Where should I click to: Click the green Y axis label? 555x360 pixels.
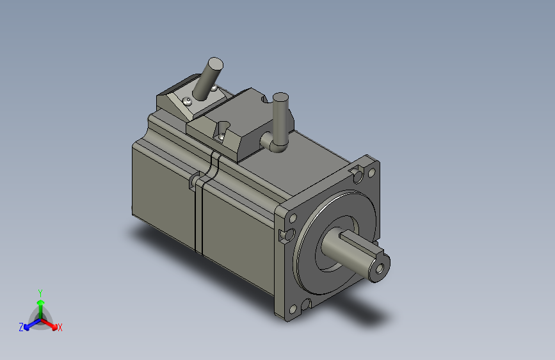pos(40,291)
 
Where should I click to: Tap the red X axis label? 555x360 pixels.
pos(60,328)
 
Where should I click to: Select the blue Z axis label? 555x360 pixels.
pos(20,327)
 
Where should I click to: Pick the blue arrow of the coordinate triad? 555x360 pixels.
pos(29,323)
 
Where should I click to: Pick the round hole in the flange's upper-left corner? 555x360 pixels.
pos(293,218)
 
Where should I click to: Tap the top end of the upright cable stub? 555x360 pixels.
pos(280,97)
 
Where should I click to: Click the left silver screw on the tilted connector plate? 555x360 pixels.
pos(187,102)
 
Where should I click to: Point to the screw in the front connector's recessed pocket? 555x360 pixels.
pos(221,136)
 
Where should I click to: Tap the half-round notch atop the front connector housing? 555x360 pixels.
pos(265,98)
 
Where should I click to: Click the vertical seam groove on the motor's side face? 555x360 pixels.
pos(199,218)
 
